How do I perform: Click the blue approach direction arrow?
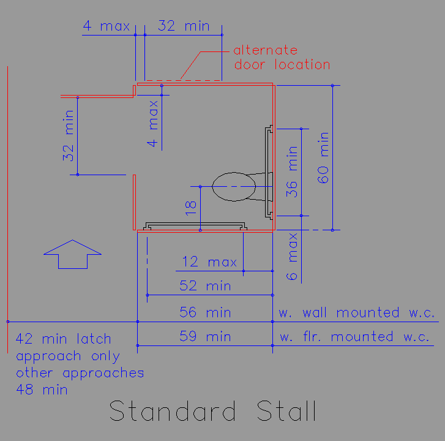pos(73,254)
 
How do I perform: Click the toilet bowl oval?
pos(234,187)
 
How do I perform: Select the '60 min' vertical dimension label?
pos(323,158)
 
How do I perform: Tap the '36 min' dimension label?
pos(292,171)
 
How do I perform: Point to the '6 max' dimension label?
pos(292,257)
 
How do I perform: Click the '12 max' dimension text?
pos(209,262)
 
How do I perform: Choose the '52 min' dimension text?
pos(205,285)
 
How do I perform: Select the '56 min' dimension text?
pos(205,312)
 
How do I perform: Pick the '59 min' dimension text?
pos(205,336)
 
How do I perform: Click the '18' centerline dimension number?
pos(191,208)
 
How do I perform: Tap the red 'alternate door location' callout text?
pos(282,58)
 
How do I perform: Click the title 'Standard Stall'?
pos(213,410)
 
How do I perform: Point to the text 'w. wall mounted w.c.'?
pos(357,312)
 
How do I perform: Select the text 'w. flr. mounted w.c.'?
pos(355,337)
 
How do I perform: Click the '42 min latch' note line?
pos(63,339)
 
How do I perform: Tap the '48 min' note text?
pos(42,390)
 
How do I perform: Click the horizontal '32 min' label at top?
pos(184,26)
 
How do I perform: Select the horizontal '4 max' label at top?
pos(107,26)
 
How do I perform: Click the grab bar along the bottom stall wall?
pos(195,226)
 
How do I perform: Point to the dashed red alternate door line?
pos(184,80)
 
